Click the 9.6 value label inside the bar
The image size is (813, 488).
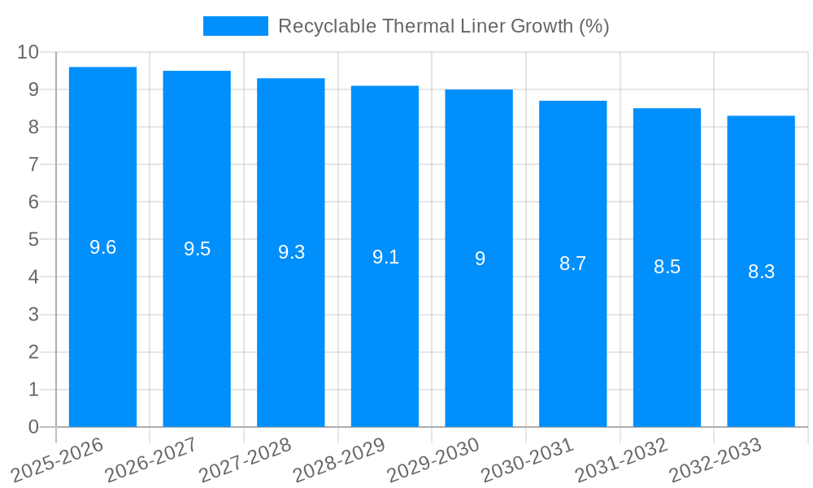pos(102,247)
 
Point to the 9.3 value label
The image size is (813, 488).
pos(291,252)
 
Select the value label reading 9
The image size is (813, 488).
pos(480,259)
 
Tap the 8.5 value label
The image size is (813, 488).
pos(667,267)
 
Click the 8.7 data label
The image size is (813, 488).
pos(572,264)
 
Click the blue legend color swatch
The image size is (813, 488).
pos(235,26)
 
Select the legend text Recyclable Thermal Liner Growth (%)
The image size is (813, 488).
pos(443,26)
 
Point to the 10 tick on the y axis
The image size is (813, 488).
pos(28,52)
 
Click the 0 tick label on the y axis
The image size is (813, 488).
pos(33,427)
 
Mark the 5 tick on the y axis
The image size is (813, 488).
pos(33,240)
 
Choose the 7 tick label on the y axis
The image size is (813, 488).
pos(33,164)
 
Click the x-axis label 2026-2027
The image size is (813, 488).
pos(154,461)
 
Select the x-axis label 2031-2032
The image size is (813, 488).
pos(624,461)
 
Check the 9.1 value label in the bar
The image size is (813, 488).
pos(385,257)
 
